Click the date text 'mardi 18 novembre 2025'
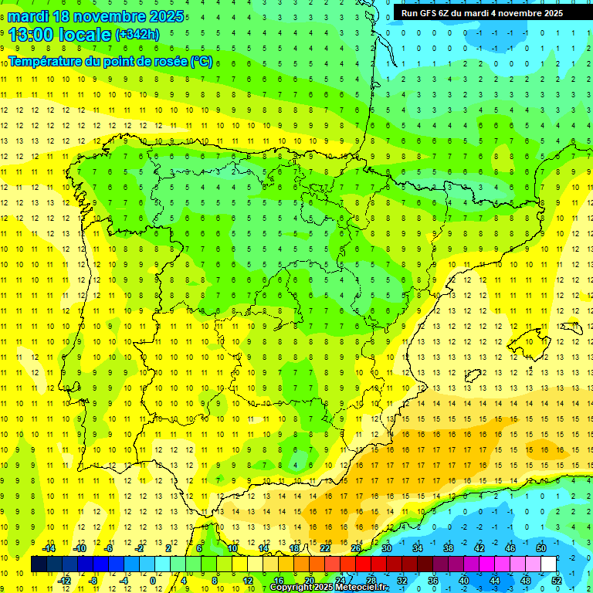[x=96, y=16]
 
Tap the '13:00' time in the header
[x=31, y=34]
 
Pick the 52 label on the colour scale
[x=557, y=581]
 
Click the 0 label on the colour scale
[x=153, y=581]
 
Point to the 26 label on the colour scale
[x=355, y=547]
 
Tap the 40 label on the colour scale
[x=463, y=581]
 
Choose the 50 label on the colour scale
[x=541, y=547]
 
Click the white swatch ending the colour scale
[x=548, y=564]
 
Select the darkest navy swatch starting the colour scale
[x=39, y=564]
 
